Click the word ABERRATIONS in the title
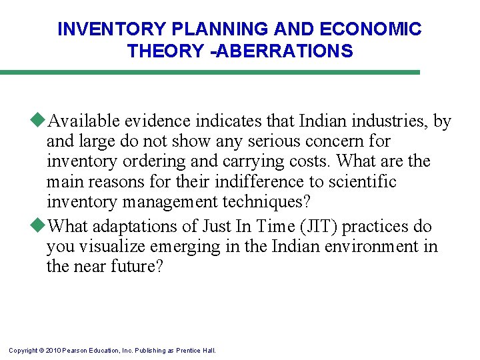[x=287, y=51]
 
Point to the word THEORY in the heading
[x=163, y=51]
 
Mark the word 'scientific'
[x=363, y=181]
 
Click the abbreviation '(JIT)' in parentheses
[x=322, y=227]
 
